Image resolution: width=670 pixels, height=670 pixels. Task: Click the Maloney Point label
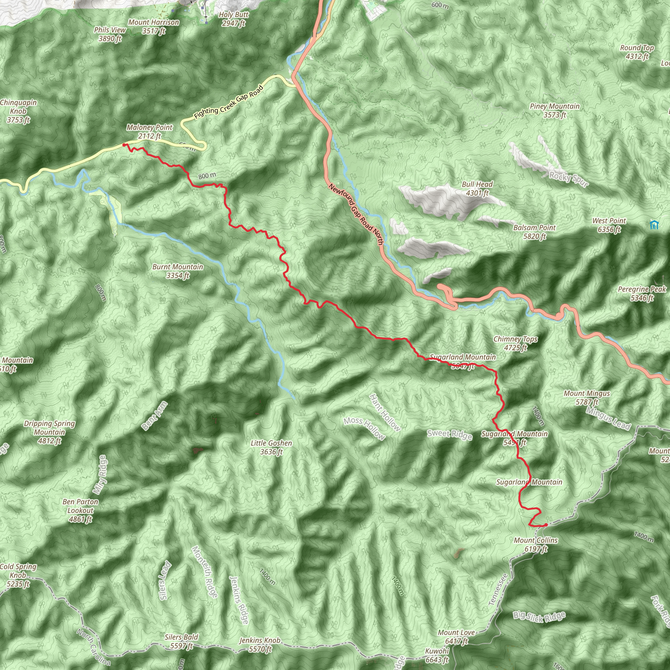(x=150, y=132)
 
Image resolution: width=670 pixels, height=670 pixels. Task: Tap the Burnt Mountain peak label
(x=178, y=271)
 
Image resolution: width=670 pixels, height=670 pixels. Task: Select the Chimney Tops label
(x=515, y=343)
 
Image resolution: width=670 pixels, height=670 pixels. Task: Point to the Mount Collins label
(x=536, y=544)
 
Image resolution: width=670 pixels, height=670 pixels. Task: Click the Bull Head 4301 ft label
(x=477, y=189)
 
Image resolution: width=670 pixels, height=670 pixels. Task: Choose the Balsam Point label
(x=535, y=232)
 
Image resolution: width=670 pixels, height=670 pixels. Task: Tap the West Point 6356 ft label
(x=609, y=225)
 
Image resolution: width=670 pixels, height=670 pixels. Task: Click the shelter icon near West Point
(x=654, y=225)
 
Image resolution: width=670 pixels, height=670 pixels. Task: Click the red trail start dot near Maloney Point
(x=124, y=145)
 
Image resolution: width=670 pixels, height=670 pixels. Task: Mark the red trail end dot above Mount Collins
(x=546, y=525)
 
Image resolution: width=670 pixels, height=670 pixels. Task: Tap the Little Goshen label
(x=271, y=447)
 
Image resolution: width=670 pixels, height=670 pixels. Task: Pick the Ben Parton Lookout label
(x=80, y=510)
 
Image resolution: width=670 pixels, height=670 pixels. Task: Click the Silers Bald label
(x=181, y=642)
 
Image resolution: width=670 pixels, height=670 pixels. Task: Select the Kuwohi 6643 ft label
(x=437, y=655)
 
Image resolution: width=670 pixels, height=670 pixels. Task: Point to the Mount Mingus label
(x=587, y=398)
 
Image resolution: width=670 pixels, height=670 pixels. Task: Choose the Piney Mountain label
(x=555, y=111)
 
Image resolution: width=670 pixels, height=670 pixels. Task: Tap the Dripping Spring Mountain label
(x=49, y=432)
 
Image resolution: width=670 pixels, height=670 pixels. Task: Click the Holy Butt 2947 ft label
(x=234, y=19)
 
